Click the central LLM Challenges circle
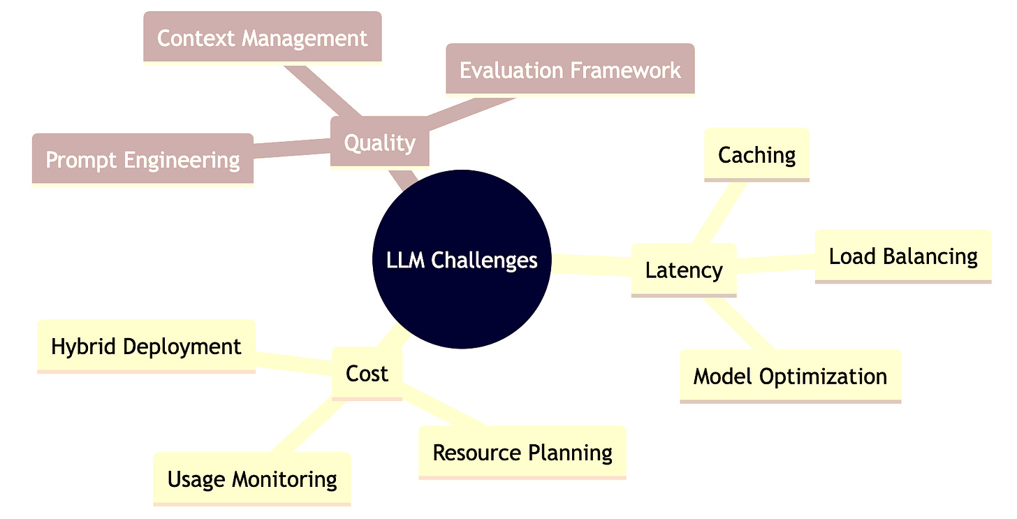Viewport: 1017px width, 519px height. click(x=462, y=259)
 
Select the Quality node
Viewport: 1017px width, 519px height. click(x=379, y=142)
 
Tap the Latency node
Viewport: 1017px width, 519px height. click(x=684, y=270)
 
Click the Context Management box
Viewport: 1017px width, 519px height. click(x=262, y=37)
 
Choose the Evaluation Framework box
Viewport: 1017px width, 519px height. click(x=570, y=70)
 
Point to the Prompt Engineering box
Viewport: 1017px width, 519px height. click(x=142, y=159)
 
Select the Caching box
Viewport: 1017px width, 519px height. click(x=757, y=154)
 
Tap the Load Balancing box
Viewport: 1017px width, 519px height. click(x=903, y=256)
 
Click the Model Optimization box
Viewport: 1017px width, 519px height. click(x=790, y=376)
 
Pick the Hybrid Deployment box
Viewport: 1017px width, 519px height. click(x=146, y=346)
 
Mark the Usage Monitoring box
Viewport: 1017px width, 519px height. click(x=252, y=478)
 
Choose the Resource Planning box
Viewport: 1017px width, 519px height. click(x=522, y=452)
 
